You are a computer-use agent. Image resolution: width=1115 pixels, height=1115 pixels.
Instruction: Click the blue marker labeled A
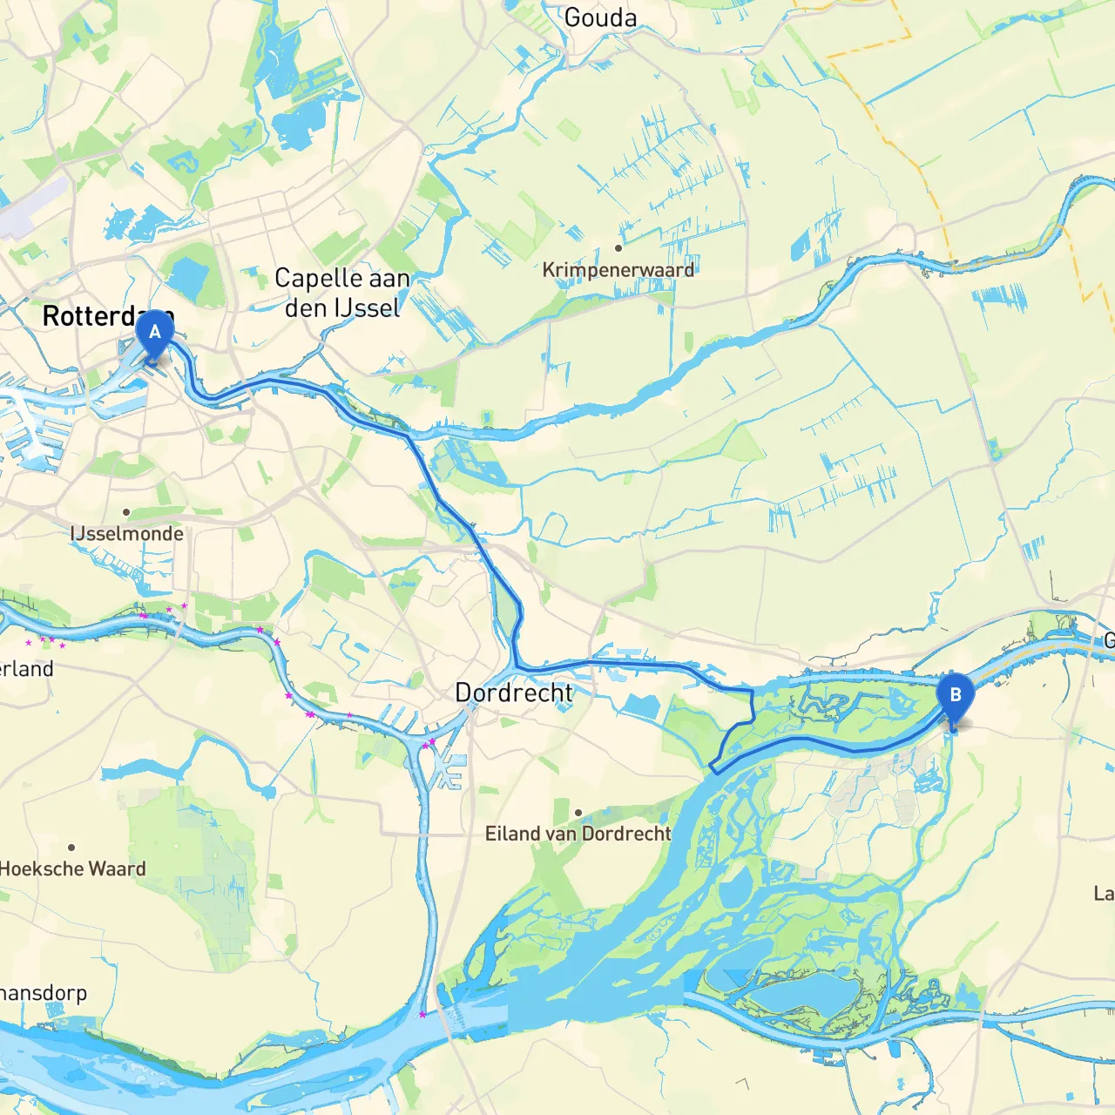[155, 334]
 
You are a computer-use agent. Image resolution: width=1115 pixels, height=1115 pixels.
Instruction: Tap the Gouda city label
[600, 17]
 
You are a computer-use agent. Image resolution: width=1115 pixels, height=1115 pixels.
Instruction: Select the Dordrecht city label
[514, 693]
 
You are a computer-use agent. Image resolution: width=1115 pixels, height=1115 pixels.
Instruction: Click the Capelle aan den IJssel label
[342, 293]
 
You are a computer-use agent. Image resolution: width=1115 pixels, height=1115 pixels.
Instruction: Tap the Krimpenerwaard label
[618, 270]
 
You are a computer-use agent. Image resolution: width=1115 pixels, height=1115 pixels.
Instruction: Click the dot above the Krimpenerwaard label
[618, 248]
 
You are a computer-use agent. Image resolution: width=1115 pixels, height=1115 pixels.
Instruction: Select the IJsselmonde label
[127, 534]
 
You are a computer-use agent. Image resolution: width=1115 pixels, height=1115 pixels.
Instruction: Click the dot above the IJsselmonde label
[126, 512]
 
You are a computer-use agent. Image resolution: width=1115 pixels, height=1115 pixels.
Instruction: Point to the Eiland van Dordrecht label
[578, 834]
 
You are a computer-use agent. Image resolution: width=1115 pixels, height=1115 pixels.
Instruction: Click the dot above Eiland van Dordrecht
[578, 813]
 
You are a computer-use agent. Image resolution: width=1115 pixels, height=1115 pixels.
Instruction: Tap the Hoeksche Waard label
[72, 868]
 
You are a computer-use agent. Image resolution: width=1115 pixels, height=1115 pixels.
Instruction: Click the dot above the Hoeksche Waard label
[71, 847]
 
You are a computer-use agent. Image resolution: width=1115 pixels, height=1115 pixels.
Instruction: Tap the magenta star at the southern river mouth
[422, 1014]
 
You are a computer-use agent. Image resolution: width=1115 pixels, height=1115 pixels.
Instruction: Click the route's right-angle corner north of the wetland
[752, 692]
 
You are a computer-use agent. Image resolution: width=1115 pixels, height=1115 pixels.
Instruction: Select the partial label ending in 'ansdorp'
[44, 993]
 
